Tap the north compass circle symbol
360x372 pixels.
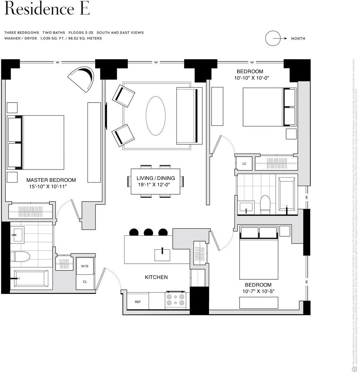273,38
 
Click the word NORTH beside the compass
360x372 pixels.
298,39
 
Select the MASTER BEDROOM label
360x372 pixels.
51,180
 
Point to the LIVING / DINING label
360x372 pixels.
155,178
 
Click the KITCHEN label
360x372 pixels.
156,277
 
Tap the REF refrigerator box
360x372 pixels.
138,302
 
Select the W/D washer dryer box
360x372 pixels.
85,266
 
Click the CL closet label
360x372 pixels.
85,282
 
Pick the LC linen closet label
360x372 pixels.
244,164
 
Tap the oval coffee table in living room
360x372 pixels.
155,116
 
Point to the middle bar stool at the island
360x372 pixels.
148,232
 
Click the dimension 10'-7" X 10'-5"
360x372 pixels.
258,291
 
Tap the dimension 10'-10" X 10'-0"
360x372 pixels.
252,78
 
